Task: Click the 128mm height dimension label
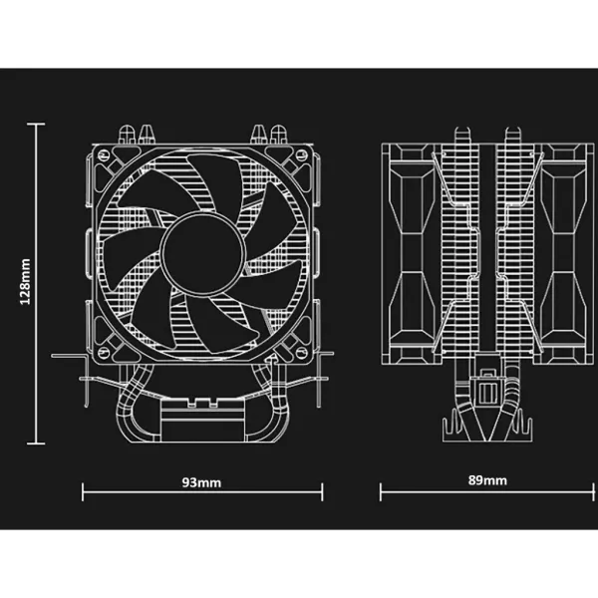point(25,281)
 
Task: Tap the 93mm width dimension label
point(201,482)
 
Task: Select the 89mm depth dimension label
point(487,480)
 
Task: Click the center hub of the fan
point(202,253)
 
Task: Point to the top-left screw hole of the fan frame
point(104,154)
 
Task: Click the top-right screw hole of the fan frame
point(302,154)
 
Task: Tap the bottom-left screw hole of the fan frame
point(104,353)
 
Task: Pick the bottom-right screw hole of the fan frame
point(302,353)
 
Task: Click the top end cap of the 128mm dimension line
point(36,124)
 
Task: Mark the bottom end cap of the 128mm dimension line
point(36,444)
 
